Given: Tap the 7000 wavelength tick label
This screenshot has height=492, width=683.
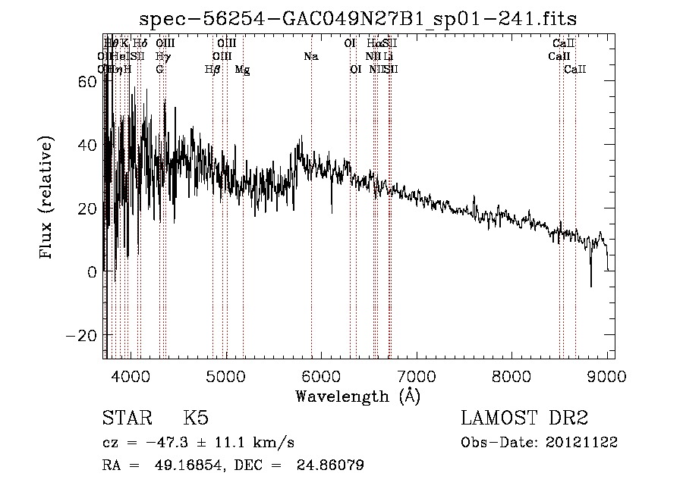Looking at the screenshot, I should pyautogui.click(x=416, y=375).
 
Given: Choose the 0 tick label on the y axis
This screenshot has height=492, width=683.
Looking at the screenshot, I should pyautogui.click(x=93, y=271).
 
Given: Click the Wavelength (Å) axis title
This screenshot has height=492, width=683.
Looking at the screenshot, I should pyautogui.click(x=357, y=396).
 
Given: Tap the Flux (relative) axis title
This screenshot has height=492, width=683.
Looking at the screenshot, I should pyautogui.click(x=47, y=199).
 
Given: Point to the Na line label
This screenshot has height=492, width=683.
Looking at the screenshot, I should pyautogui.click(x=310, y=56).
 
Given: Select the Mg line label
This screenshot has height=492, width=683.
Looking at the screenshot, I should pyautogui.click(x=242, y=69).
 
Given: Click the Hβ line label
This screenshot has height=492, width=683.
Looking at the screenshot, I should pyautogui.click(x=212, y=69).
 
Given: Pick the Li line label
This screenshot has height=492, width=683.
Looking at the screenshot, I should pyautogui.click(x=388, y=56).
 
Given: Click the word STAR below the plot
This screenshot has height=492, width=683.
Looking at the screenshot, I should pyautogui.click(x=126, y=418).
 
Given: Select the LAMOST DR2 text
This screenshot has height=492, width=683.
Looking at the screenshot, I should pyautogui.click(x=524, y=418).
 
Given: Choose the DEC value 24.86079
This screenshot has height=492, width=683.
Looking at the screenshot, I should pyautogui.click(x=332, y=465).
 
